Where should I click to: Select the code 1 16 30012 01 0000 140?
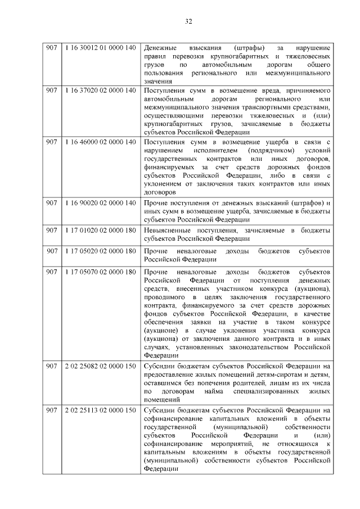[100, 47]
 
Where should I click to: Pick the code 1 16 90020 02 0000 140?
[100, 202]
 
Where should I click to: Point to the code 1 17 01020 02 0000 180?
[100, 231]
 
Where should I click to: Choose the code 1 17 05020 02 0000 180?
[100, 250]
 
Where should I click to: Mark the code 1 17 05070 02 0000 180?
[100, 272]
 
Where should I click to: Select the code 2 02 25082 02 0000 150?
[100, 367]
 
